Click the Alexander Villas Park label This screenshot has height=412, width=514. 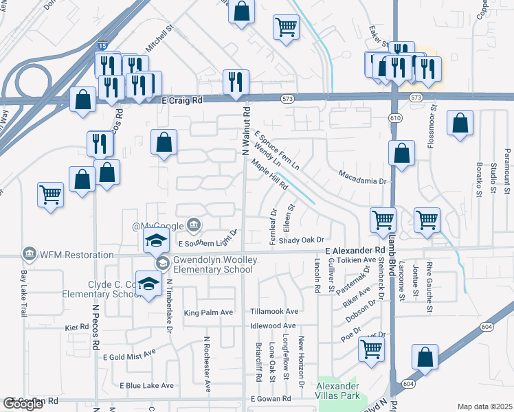click(x=338, y=391)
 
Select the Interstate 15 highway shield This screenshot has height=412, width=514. click(x=102, y=45)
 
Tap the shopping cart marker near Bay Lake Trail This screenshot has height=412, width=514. click(x=51, y=195)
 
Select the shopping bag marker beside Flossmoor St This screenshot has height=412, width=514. click(x=460, y=124)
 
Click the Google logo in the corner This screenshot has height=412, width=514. click(x=23, y=404)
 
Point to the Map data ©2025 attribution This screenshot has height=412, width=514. click(x=484, y=407)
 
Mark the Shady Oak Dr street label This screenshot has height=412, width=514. click(x=301, y=240)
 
